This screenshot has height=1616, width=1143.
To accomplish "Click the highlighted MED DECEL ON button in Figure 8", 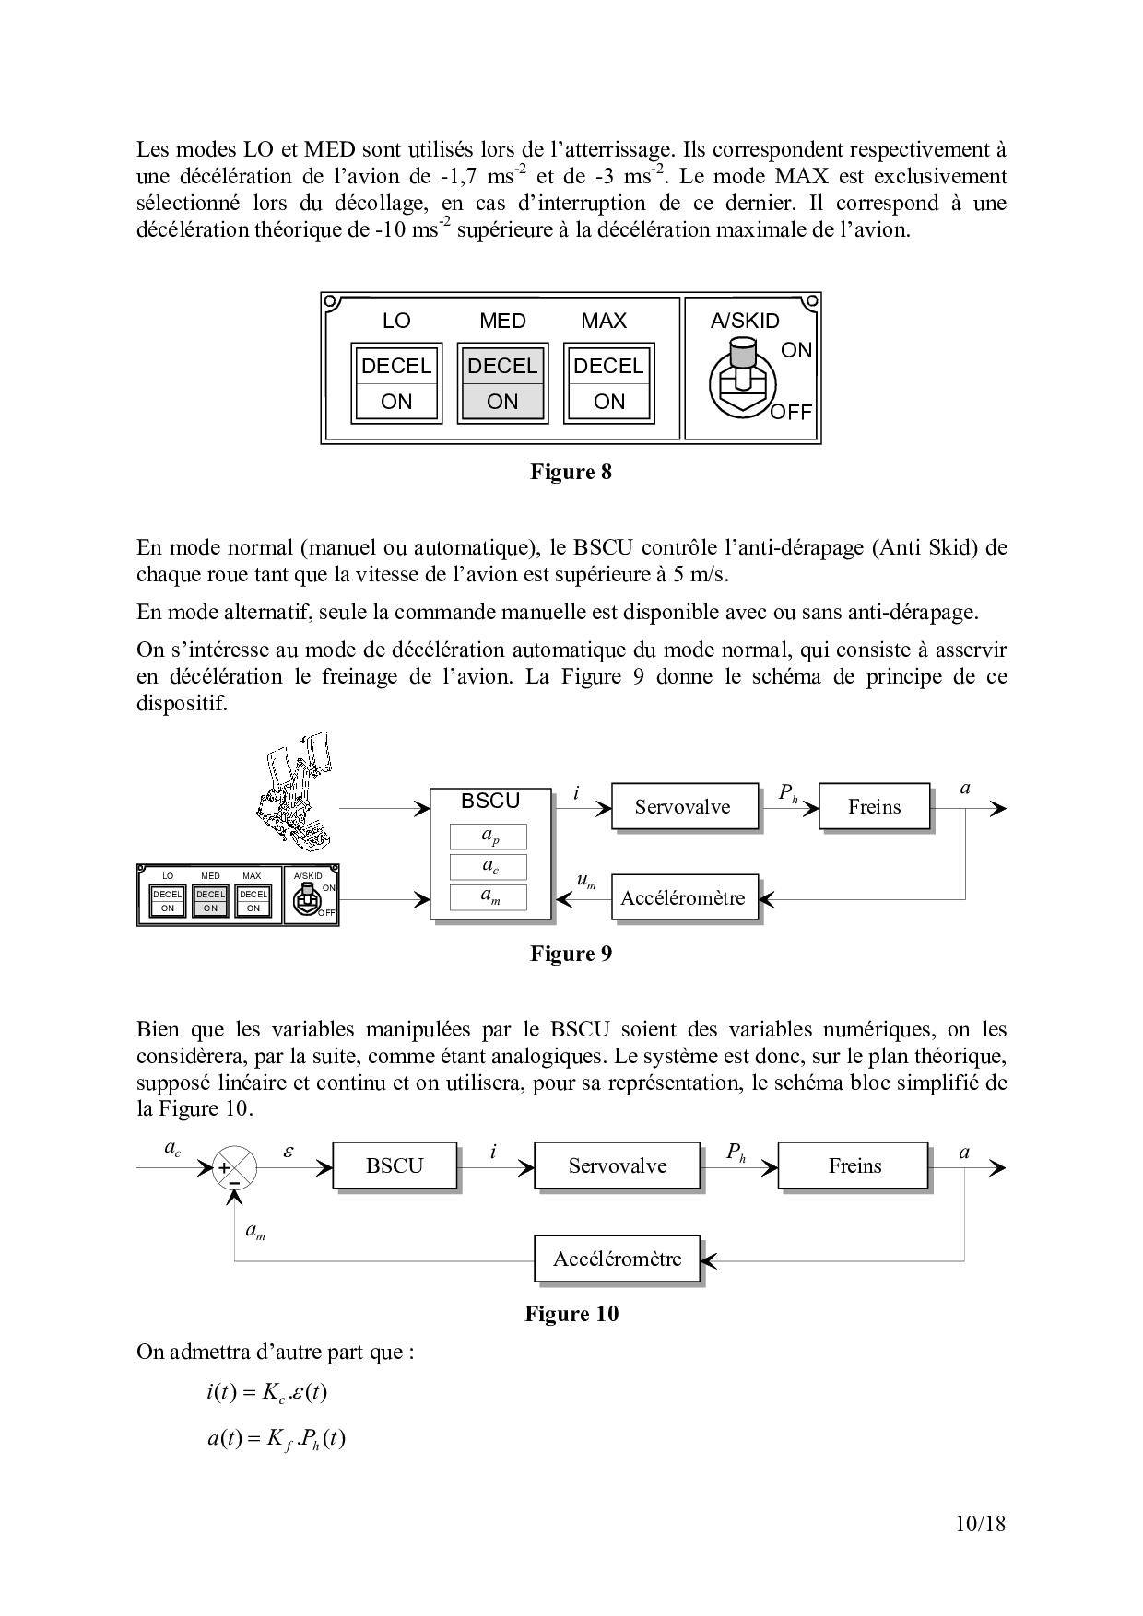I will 502,383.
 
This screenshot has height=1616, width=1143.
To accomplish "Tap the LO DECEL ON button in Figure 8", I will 396,383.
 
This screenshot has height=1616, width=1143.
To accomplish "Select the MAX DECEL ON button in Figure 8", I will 608,383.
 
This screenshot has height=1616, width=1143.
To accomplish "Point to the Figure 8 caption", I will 571,473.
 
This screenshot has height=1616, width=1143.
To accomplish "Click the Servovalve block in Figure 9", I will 683,807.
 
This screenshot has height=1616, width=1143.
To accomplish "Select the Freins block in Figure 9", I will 874,807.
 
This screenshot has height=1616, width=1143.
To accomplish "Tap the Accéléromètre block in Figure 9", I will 683,897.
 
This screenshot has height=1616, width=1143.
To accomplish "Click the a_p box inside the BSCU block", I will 489,837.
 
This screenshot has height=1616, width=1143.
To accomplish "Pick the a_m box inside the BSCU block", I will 489,896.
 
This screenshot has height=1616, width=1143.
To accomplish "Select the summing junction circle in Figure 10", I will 235,1168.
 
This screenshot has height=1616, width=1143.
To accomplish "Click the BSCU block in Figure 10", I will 395,1166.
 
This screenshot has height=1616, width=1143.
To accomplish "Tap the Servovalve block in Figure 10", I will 617,1166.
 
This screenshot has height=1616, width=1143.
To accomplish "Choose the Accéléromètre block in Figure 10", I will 617,1259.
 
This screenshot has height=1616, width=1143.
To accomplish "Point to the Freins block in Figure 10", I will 854,1166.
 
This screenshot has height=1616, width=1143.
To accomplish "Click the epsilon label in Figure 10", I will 289,1151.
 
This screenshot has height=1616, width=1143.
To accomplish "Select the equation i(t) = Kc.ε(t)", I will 267,1392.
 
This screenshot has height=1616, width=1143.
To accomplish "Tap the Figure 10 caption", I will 571,1314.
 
